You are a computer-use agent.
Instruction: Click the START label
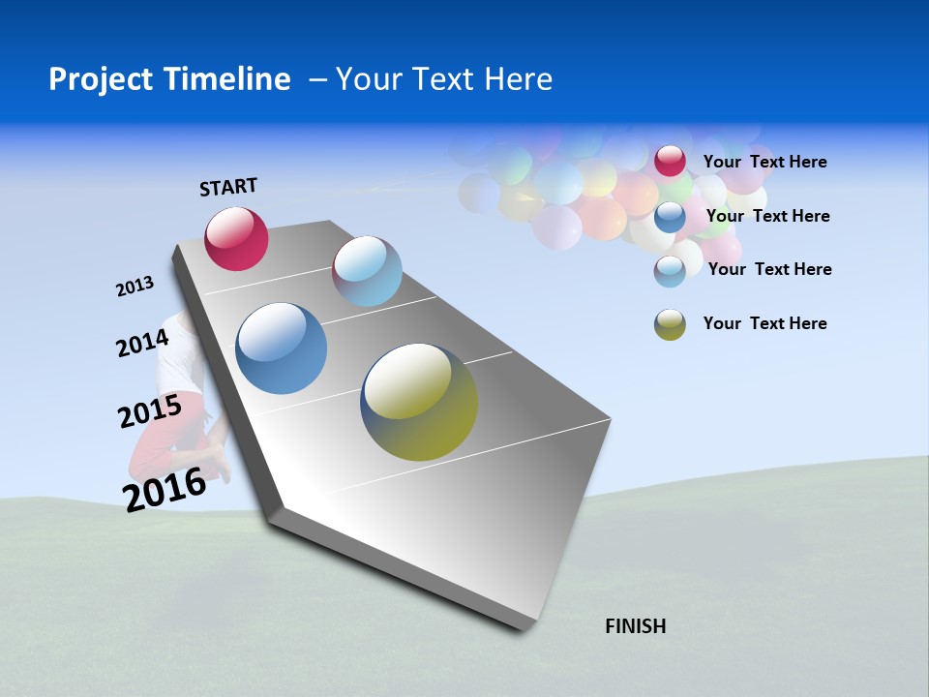click(228, 186)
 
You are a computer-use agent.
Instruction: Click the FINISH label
click(635, 626)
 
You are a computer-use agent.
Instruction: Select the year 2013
click(135, 287)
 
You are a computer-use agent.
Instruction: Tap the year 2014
click(142, 344)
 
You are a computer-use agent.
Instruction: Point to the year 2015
click(150, 411)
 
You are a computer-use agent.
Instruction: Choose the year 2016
click(165, 489)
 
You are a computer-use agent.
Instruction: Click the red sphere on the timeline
click(236, 238)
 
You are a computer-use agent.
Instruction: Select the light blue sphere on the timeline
click(367, 271)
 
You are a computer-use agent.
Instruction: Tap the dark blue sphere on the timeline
click(282, 348)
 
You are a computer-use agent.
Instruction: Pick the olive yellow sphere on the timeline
click(419, 402)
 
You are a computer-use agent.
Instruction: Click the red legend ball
click(670, 161)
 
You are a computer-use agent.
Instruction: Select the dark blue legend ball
click(670, 216)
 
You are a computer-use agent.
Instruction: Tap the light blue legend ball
click(670, 270)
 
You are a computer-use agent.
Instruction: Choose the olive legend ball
click(670, 324)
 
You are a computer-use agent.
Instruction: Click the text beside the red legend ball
click(764, 162)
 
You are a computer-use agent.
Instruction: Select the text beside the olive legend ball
click(764, 323)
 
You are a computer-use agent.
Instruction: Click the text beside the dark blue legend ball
click(767, 216)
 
